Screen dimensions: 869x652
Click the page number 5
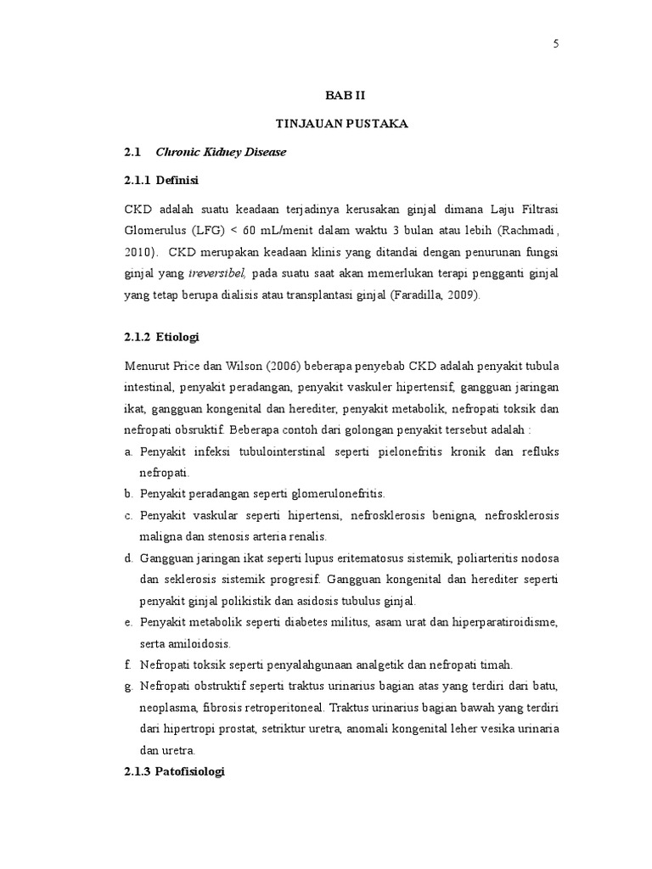tap(556, 45)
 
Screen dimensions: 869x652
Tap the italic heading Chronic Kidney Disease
tap(221, 152)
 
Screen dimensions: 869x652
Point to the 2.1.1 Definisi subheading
tap(160, 180)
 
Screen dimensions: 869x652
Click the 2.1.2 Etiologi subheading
tap(161, 337)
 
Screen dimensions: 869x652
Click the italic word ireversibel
tap(216, 273)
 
